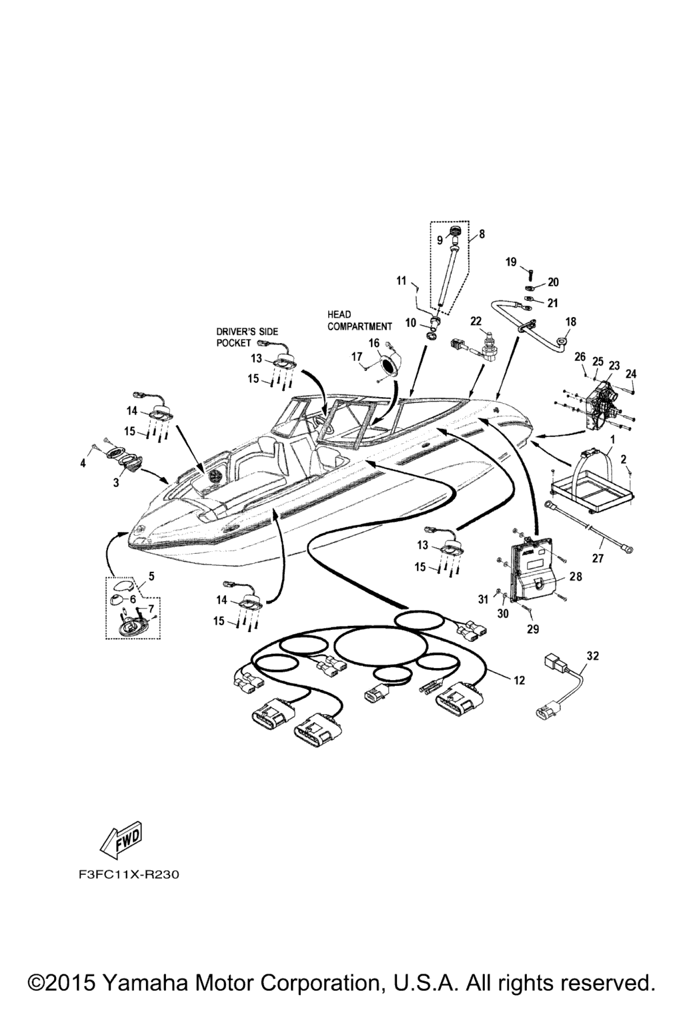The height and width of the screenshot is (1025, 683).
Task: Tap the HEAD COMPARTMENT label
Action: (x=359, y=320)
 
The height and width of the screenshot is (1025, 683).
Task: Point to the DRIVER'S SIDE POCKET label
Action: (x=247, y=337)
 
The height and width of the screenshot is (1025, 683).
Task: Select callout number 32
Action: (x=592, y=656)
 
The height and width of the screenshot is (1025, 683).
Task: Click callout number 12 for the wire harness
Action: (x=520, y=681)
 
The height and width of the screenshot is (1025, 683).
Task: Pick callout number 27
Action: (x=598, y=559)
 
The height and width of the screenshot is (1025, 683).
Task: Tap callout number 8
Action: (x=482, y=234)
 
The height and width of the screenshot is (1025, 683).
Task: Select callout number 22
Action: (x=476, y=321)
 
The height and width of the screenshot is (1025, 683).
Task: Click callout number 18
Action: (x=571, y=322)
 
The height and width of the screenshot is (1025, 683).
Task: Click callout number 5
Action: (x=151, y=575)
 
